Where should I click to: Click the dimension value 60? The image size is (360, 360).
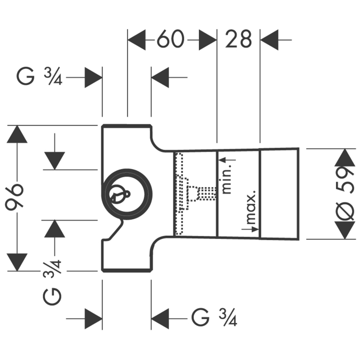tap(170, 40)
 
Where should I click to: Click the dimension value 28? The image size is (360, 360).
tap(238, 39)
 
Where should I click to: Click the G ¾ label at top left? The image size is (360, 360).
tap(40, 78)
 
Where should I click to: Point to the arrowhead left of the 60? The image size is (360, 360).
tap(137, 40)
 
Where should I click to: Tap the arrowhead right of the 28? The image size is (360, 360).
tap(269, 40)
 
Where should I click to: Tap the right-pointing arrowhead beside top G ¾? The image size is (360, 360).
tap(93, 78)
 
